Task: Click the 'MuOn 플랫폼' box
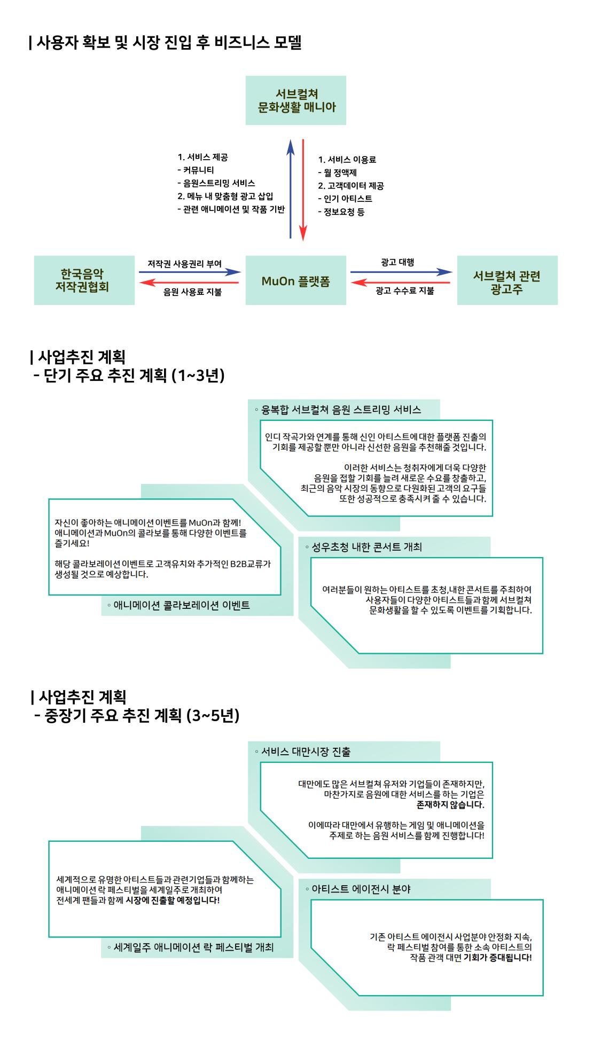click(x=295, y=280)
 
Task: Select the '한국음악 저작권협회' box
click(x=84, y=280)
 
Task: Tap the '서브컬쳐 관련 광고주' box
click(x=507, y=280)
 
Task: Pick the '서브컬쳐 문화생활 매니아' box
click(x=295, y=100)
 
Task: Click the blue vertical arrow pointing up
click(x=291, y=189)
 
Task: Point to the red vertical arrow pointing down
click(x=303, y=190)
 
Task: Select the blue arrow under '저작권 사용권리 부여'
click(x=190, y=272)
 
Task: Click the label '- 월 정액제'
click(x=337, y=173)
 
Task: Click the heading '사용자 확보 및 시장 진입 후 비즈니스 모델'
click(x=166, y=43)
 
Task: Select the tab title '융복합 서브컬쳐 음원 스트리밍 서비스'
click(x=341, y=410)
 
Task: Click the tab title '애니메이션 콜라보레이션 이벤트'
click(x=182, y=605)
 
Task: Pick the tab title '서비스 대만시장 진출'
click(x=306, y=752)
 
